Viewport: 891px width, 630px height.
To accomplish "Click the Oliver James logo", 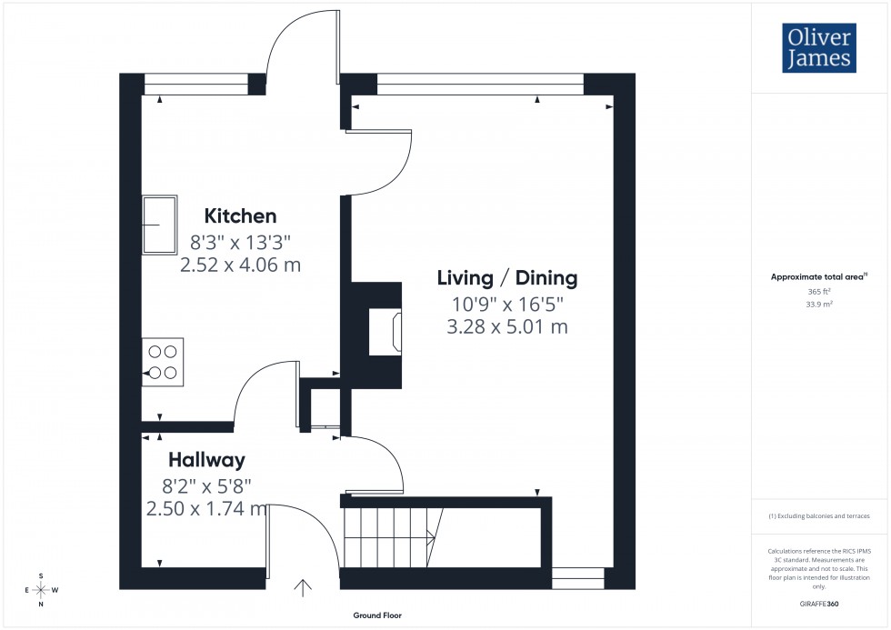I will pyautogui.click(x=818, y=49).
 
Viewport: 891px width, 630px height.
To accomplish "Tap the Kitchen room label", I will pyautogui.click(x=240, y=216).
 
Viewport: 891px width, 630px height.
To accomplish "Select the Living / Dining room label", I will pyautogui.click(x=507, y=277).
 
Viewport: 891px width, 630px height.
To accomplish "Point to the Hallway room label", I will pyautogui.click(x=205, y=460).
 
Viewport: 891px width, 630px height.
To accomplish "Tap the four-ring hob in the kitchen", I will pyautogui.click(x=163, y=361).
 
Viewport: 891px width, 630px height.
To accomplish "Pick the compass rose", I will pyautogui.click(x=41, y=589).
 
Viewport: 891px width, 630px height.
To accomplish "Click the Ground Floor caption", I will pyautogui.click(x=377, y=615).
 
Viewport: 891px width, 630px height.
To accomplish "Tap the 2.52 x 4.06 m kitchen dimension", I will pyautogui.click(x=240, y=265).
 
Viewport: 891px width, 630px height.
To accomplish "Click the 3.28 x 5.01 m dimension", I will pyautogui.click(x=507, y=326).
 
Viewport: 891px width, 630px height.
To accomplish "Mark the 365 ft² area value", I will pyautogui.click(x=819, y=292).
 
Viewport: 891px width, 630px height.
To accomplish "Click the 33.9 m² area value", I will pyautogui.click(x=819, y=305).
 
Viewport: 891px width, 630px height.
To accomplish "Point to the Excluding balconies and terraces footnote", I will pyautogui.click(x=819, y=515).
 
